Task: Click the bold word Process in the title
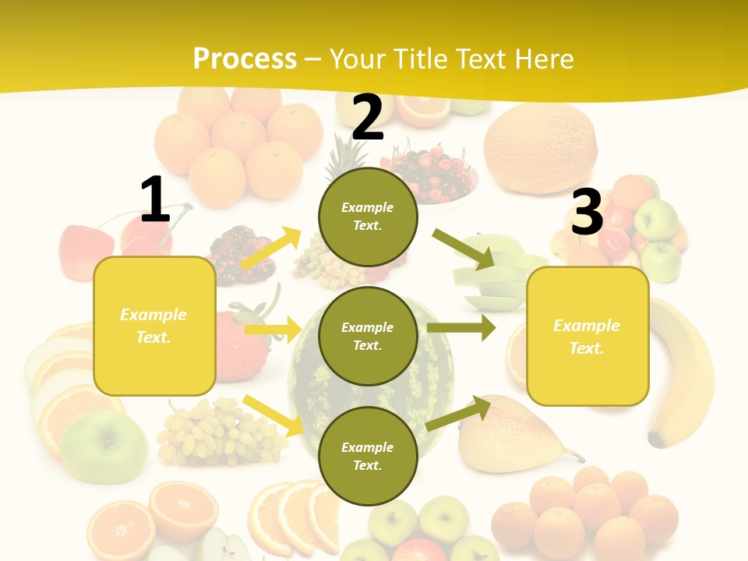[x=245, y=58]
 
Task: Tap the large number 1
[x=155, y=199]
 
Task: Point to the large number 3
[x=587, y=212]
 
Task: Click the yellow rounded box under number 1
[x=154, y=326]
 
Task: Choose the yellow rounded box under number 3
[x=587, y=336]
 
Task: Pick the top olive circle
[x=368, y=217]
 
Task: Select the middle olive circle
[x=368, y=336]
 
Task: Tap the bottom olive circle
[x=368, y=456]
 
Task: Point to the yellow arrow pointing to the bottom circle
[x=273, y=415]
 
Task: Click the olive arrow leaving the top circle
[x=463, y=249]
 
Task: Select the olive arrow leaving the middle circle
[x=460, y=327]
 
